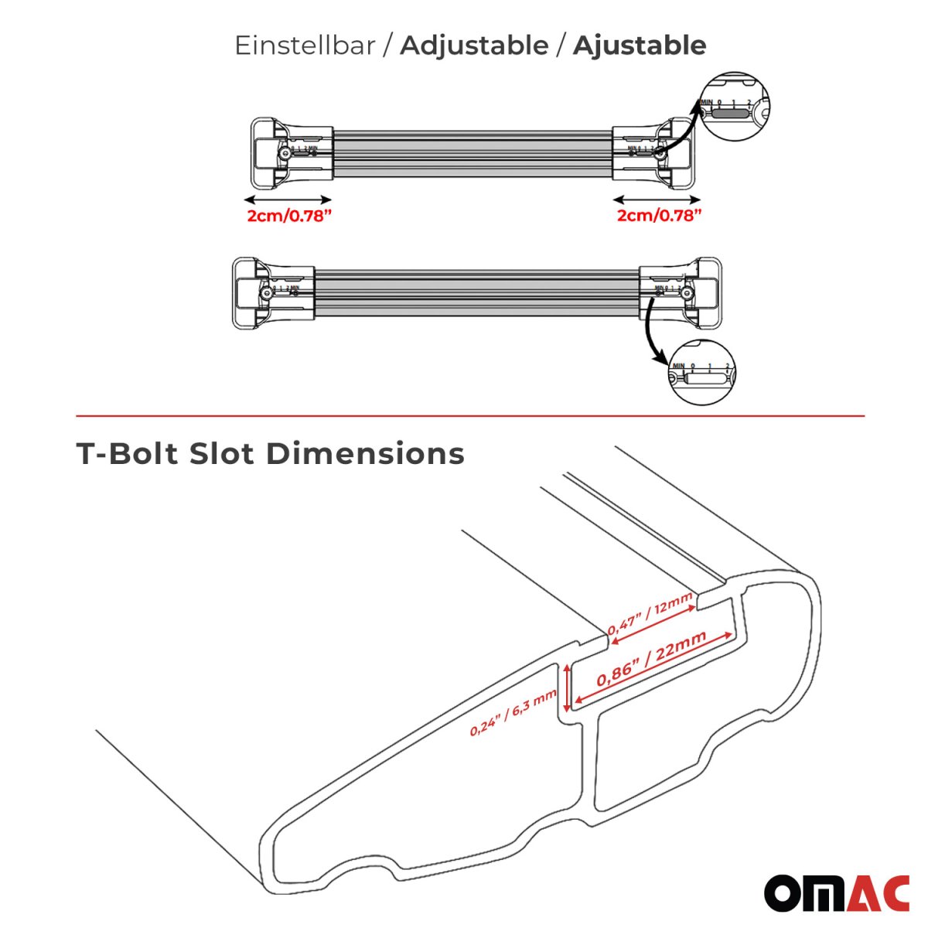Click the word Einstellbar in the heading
pyautogui.click(x=305, y=46)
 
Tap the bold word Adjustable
pyautogui.click(x=473, y=46)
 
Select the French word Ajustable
pyautogui.click(x=639, y=46)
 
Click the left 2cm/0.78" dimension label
pyautogui.click(x=289, y=216)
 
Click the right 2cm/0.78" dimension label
pyautogui.click(x=659, y=216)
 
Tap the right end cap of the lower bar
pyautogui.click(x=693, y=292)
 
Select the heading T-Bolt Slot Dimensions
pyautogui.click(x=271, y=454)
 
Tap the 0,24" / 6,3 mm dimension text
pyautogui.click(x=513, y=712)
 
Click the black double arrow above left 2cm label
pyautogui.click(x=289, y=198)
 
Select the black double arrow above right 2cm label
pyautogui.click(x=659, y=198)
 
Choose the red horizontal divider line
pyautogui.click(x=470, y=416)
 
